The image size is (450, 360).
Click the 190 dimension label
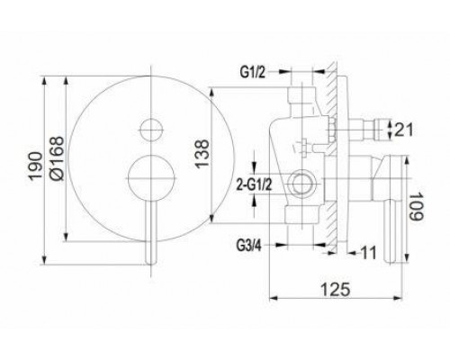coord(35,166)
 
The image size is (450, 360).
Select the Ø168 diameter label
coord(57,158)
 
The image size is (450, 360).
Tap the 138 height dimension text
coord(202,154)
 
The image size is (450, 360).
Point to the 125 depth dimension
coord(336,290)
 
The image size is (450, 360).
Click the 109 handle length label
coord(416,206)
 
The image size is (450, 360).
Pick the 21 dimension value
coord(403,130)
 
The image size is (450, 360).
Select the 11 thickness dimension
coord(368,253)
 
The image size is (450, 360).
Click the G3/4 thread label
coord(249,246)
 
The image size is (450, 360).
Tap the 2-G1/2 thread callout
coord(254,185)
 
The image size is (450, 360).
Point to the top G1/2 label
coord(253,72)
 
